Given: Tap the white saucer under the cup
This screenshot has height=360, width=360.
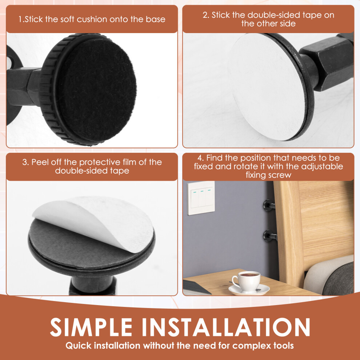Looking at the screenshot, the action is (x=249, y=290).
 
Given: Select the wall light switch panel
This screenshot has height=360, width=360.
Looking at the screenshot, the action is (x=201, y=198).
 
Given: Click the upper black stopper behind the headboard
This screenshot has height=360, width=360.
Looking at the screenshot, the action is (x=269, y=205).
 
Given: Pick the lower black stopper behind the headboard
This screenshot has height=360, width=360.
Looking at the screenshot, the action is (x=270, y=236).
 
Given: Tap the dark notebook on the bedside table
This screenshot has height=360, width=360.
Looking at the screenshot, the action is (x=196, y=287).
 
